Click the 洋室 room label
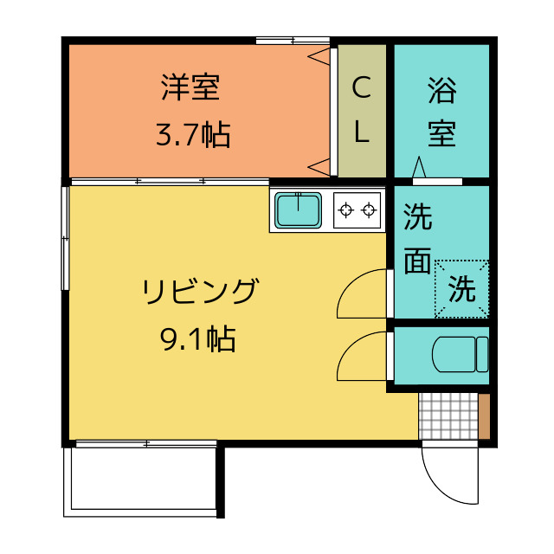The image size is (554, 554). point(190,87)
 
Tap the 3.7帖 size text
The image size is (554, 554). point(192,134)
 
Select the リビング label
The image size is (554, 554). point(200,292)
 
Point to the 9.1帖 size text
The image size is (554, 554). point(197,339)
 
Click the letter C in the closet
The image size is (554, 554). point(362,87)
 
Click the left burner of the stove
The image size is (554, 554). point(346,209)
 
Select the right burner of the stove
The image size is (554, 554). point(370,209)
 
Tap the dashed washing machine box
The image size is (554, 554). point(461,289)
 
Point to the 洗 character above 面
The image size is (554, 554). point(418,216)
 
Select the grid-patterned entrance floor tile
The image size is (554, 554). point(447,416)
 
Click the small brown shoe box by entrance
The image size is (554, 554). point(484,416)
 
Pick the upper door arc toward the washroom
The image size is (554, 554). point(362,294)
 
